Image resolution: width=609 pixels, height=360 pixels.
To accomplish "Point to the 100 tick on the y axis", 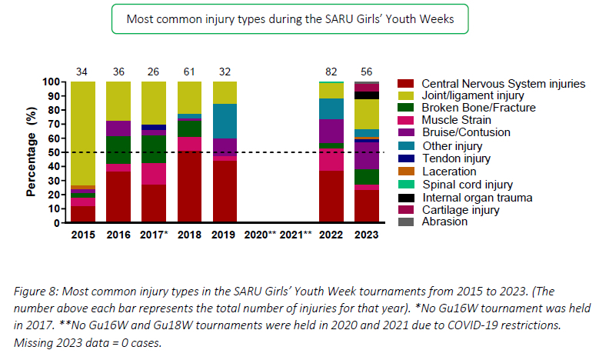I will [x=52, y=82].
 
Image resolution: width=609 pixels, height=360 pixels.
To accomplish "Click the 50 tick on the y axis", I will [x=55, y=152].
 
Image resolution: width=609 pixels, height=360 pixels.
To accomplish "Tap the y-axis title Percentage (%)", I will [x=32, y=152].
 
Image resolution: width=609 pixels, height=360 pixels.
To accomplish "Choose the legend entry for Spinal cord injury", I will [x=468, y=185].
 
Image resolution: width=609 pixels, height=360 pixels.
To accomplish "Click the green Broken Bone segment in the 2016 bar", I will [x=118, y=149].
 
